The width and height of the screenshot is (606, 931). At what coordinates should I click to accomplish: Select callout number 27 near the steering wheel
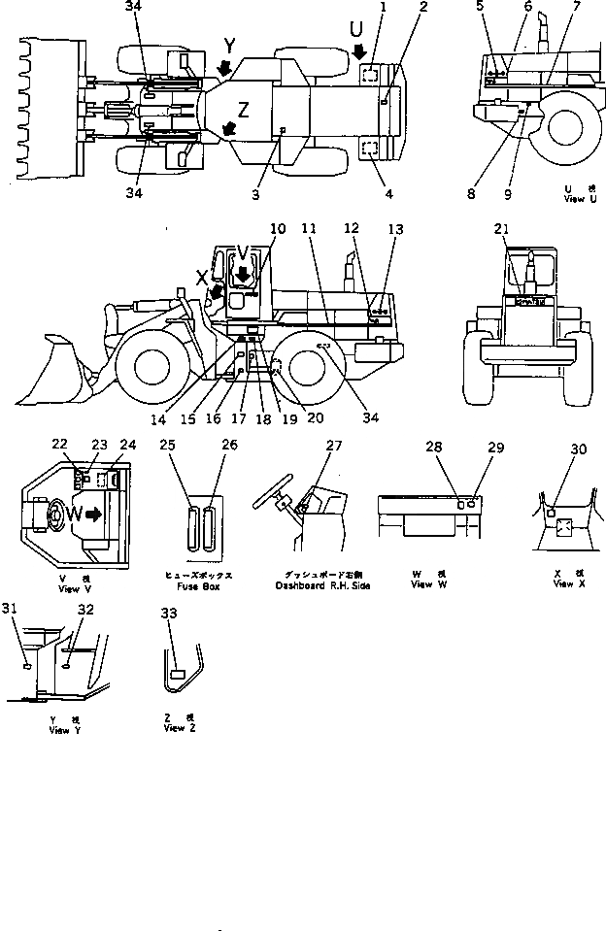click(x=334, y=447)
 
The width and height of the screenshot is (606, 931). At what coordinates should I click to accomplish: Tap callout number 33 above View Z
click(x=171, y=615)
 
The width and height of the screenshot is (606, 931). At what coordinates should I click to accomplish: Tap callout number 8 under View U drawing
click(x=470, y=193)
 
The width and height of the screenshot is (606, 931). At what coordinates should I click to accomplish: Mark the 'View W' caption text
click(x=422, y=585)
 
